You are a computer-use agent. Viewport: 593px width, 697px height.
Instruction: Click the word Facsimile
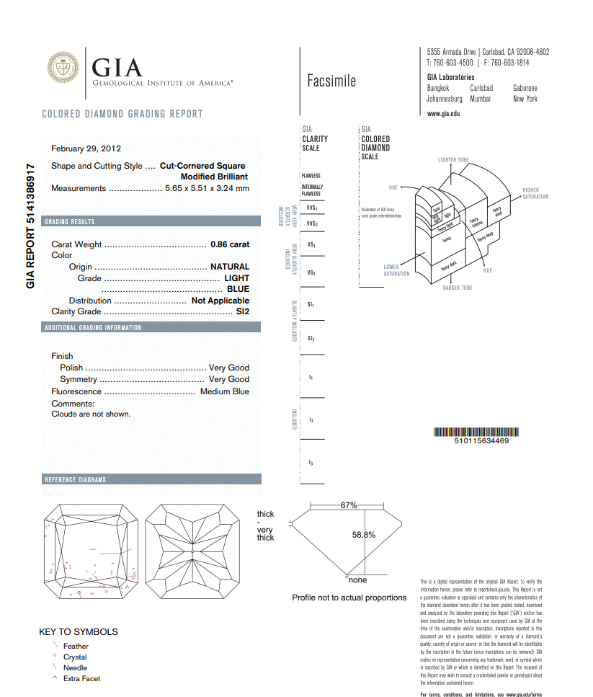(x=331, y=81)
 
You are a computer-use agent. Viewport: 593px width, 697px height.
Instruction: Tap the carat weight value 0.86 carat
(x=229, y=244)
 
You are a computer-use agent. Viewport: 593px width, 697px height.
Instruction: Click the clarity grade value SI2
(x=242, y=311)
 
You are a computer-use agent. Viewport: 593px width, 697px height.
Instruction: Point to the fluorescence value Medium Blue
(x=225, y=391)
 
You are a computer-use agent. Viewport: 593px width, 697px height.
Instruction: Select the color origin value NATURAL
(x=229, y=267)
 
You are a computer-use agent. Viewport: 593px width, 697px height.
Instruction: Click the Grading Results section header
(x=70, y=221)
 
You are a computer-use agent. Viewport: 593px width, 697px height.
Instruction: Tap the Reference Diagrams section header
(x=76, y=479)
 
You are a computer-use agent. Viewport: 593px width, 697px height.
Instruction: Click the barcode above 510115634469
(x=471, y=432)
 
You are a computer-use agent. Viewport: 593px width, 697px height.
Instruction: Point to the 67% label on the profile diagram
(x=349, y=505)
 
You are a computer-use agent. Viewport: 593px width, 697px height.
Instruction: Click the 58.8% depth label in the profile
(x=364, y=535)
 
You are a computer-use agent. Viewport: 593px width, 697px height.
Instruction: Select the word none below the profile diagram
(x=357, y=580)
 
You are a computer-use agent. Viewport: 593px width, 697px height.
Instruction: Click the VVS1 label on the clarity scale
(x=311, y=208)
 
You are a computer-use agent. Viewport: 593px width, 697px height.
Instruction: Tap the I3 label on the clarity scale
(x=311, y=462)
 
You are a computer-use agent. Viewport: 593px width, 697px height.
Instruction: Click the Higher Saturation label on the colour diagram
(x=535, y=194)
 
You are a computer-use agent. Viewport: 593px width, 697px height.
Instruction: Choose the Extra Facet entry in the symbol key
(x=81, y=678)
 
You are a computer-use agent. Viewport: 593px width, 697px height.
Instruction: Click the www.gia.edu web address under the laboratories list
(x=443, y=114)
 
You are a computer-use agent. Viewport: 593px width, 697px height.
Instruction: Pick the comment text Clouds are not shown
(x=91, y=414)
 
